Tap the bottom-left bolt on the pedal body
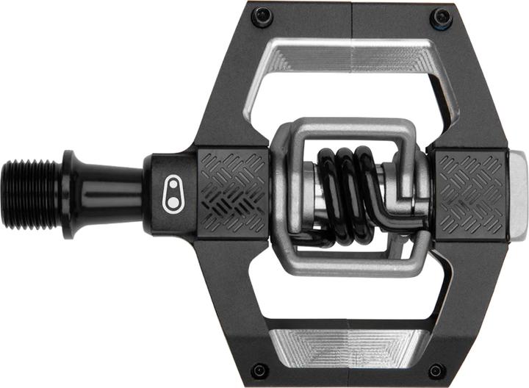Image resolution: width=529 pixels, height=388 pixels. pos(259,370)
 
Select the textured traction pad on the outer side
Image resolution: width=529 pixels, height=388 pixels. pos(469,194)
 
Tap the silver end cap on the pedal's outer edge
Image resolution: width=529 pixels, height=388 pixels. pos(518,194)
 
